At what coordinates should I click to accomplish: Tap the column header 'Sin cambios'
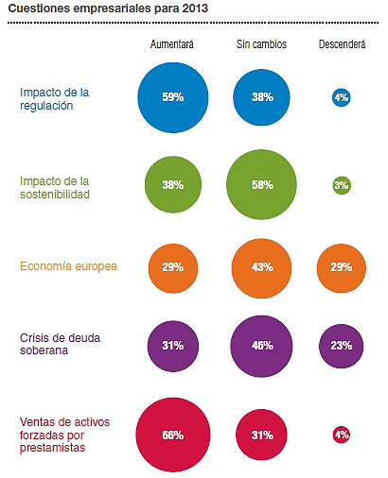pos(261,44)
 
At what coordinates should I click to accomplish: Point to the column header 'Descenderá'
pos(341,44)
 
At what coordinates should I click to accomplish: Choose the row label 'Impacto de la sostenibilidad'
pos(55,187)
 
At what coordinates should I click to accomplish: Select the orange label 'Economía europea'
pos(68,266)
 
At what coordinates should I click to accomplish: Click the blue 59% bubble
pos(172,96)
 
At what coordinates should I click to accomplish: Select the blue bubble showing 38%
pos(262,96)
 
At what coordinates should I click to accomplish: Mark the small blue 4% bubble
pos(341,96)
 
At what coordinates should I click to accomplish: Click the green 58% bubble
pos(262,184)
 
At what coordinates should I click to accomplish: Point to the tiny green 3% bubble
pos(341,184)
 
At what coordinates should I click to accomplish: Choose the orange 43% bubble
pos(262,267)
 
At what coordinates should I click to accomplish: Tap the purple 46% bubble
pos(262,347)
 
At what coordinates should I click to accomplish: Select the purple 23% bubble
pos(341,347)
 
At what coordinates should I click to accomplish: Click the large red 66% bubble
pos(172,435)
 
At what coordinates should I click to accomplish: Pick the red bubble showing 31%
pos(262,435)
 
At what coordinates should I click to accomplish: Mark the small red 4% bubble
pos(341,435)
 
